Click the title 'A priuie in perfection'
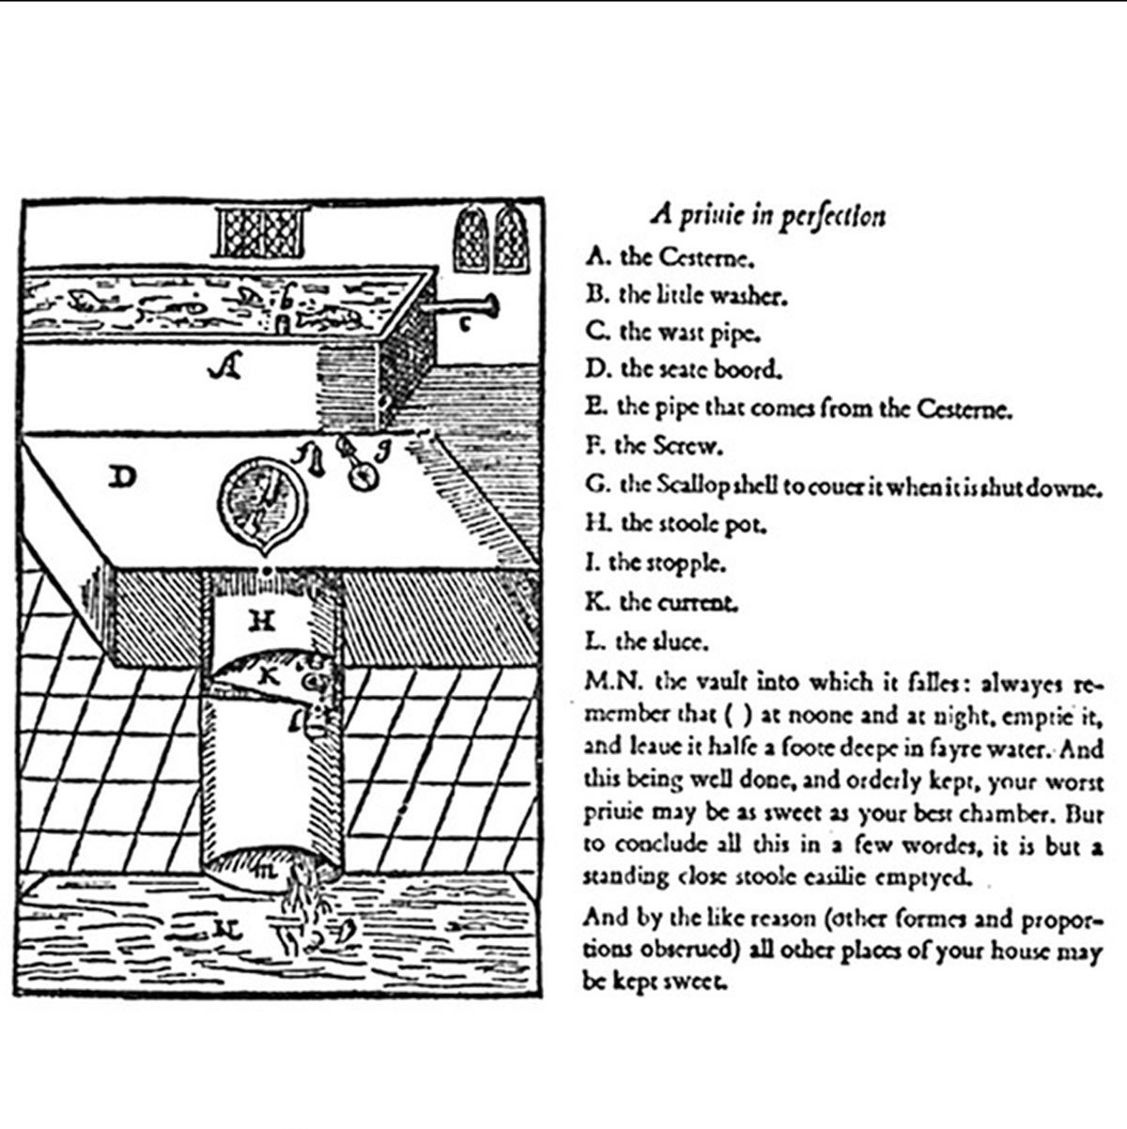coord(768,216)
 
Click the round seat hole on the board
coord(261,498)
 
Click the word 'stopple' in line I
coord(693,564)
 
